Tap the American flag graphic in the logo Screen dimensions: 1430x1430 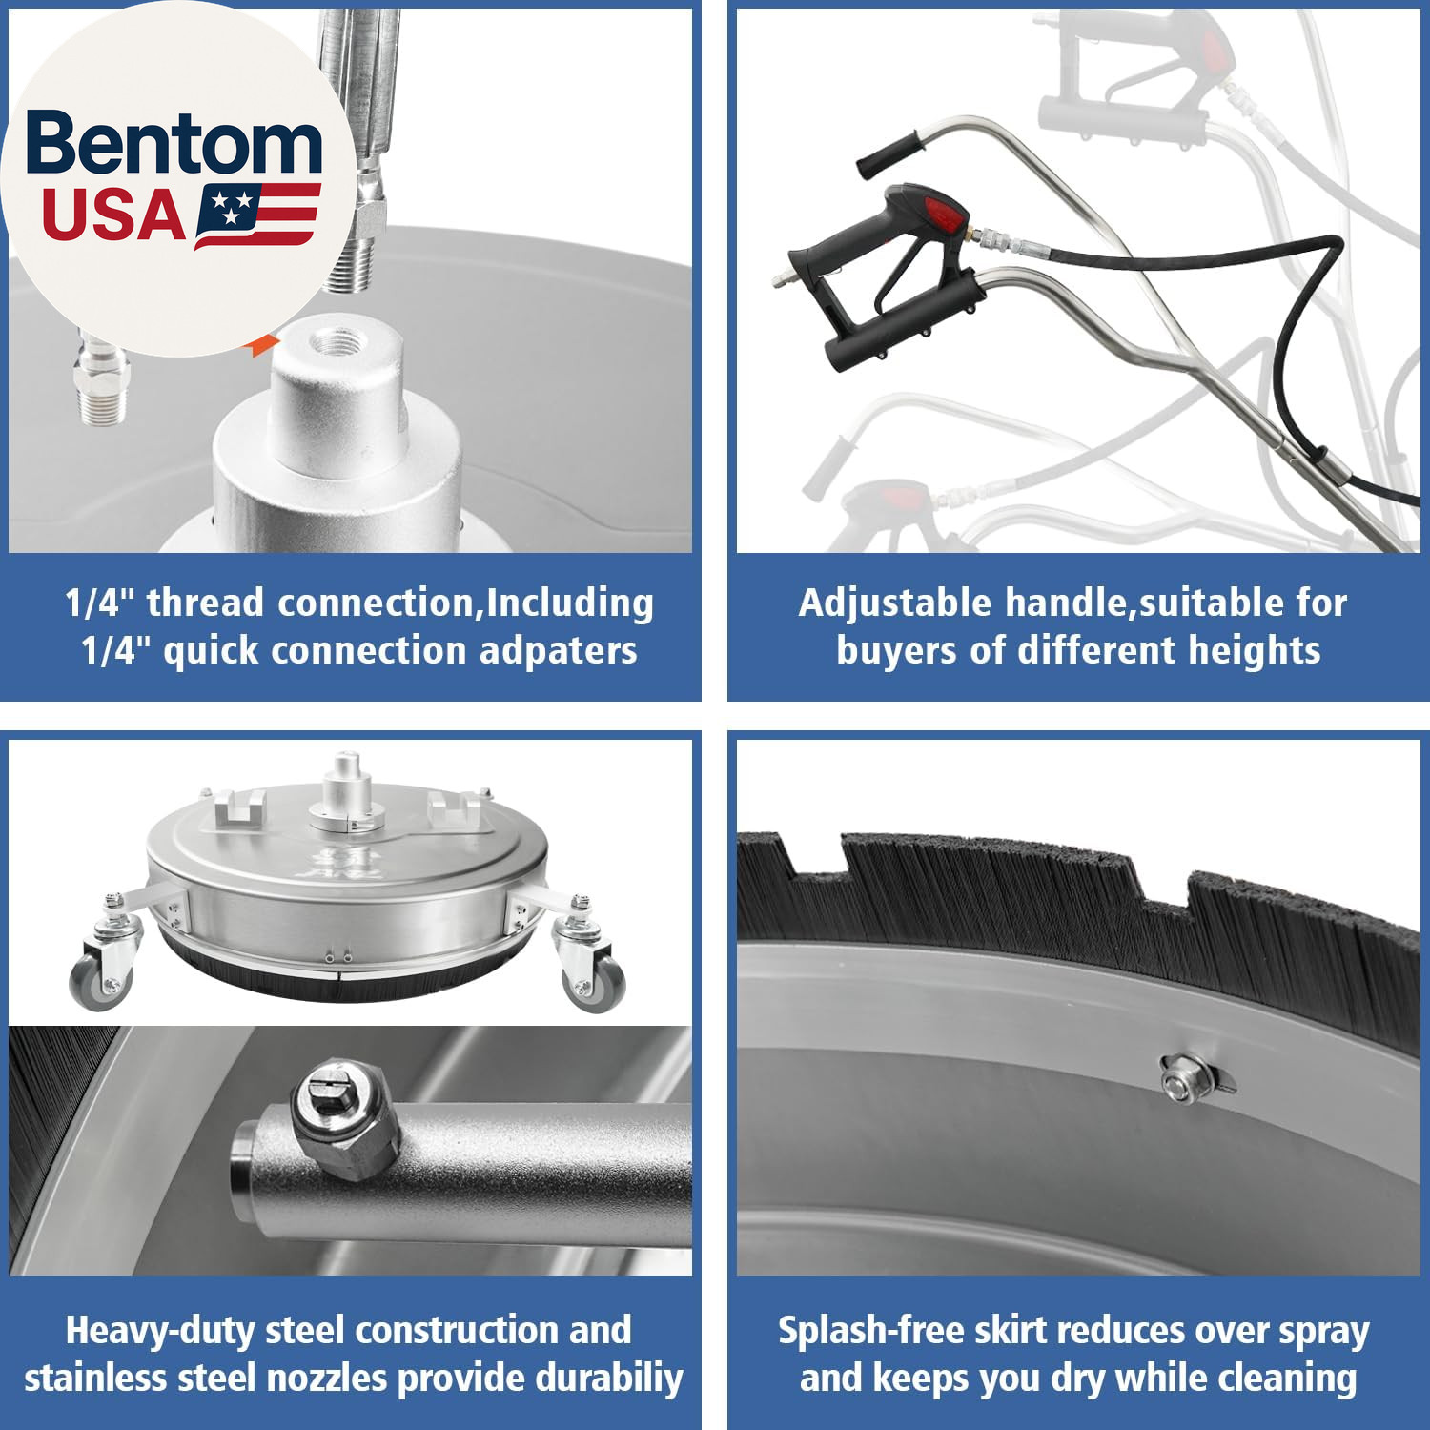pos(256,215)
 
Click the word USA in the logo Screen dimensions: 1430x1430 pos(112,214)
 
